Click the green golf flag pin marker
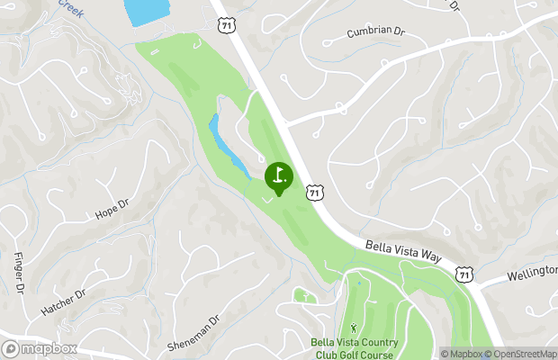279,176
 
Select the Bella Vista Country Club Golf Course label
354,347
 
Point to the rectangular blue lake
146,12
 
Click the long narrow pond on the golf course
229,147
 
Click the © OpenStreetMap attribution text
522,354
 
